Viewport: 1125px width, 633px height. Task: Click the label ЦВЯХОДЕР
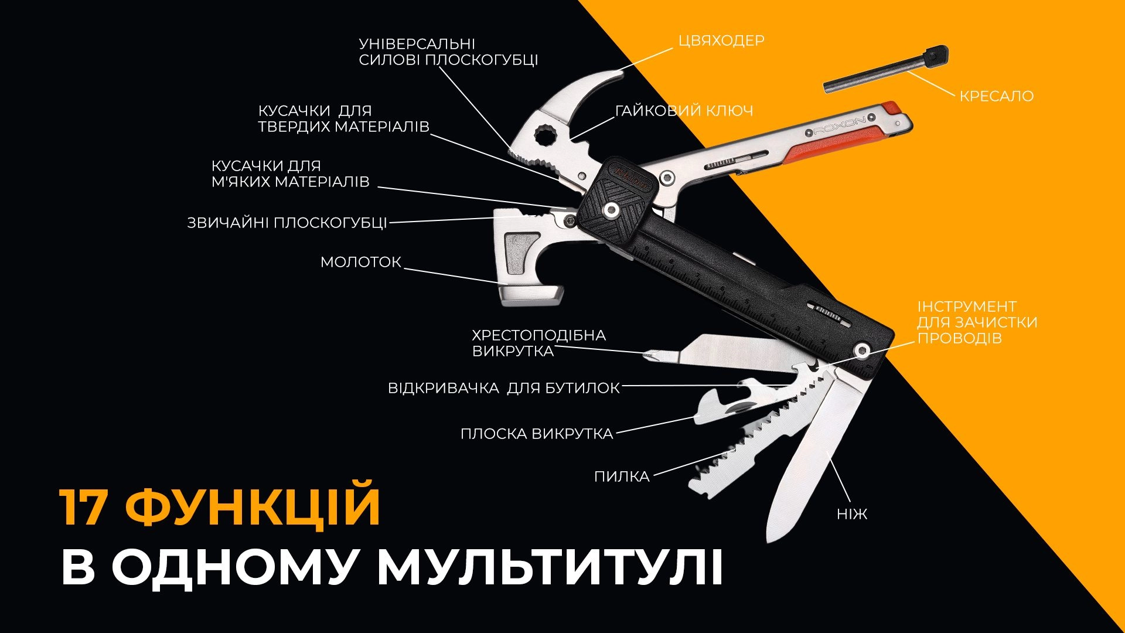pyautogui.click(x=721, y=40)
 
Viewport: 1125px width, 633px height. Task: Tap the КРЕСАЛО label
pyautogui.click(x=996, y=96)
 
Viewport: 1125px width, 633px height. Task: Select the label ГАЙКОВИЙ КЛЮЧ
pyautogui.click(x=684, y=111)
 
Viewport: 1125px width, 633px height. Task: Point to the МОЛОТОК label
pyautogui.click(x=361, y=262)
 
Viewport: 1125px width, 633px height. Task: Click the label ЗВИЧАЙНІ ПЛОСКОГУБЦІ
pyautogui.click(x=287, y=223)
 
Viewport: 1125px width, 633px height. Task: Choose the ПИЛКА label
pyautogui.click(x=622, y=477)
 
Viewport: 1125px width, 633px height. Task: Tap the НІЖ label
pyautogui.click(x=852, y=515)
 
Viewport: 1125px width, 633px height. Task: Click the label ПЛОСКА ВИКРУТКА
pyautogui.click(x=537, y=434)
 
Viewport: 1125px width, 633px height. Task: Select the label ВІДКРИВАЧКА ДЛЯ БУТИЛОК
pyautogui.click(x=504, y=388)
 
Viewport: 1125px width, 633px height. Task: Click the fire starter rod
pyautogui.click(x=885, y=69)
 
